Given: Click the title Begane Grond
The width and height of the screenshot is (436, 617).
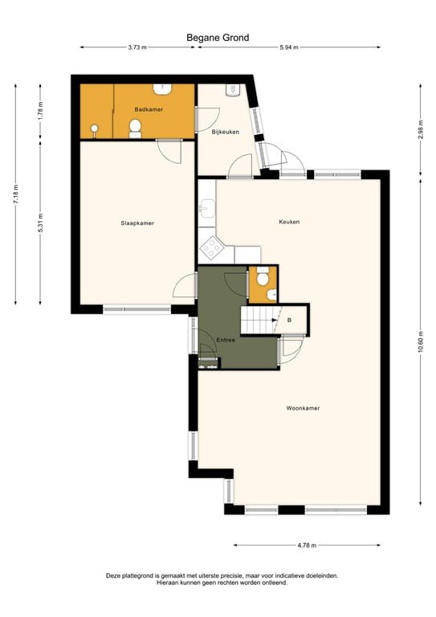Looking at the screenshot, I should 218,37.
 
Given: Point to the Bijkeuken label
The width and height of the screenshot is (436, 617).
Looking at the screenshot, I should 226,132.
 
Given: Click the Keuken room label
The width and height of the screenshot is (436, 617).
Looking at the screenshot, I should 289,222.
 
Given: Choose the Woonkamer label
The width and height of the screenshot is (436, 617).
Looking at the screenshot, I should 303,408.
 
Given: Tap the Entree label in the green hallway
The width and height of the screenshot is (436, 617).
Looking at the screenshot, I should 226,341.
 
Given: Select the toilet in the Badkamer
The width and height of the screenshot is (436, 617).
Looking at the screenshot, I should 135,127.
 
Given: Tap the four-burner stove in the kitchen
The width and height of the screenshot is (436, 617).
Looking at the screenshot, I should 212,248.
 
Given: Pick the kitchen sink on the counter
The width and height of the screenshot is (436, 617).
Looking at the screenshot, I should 205,210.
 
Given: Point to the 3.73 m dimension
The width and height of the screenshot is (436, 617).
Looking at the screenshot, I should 137,47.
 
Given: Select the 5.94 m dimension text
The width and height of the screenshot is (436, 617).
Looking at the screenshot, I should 288,47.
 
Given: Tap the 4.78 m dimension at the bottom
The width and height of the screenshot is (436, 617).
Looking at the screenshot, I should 307,545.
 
